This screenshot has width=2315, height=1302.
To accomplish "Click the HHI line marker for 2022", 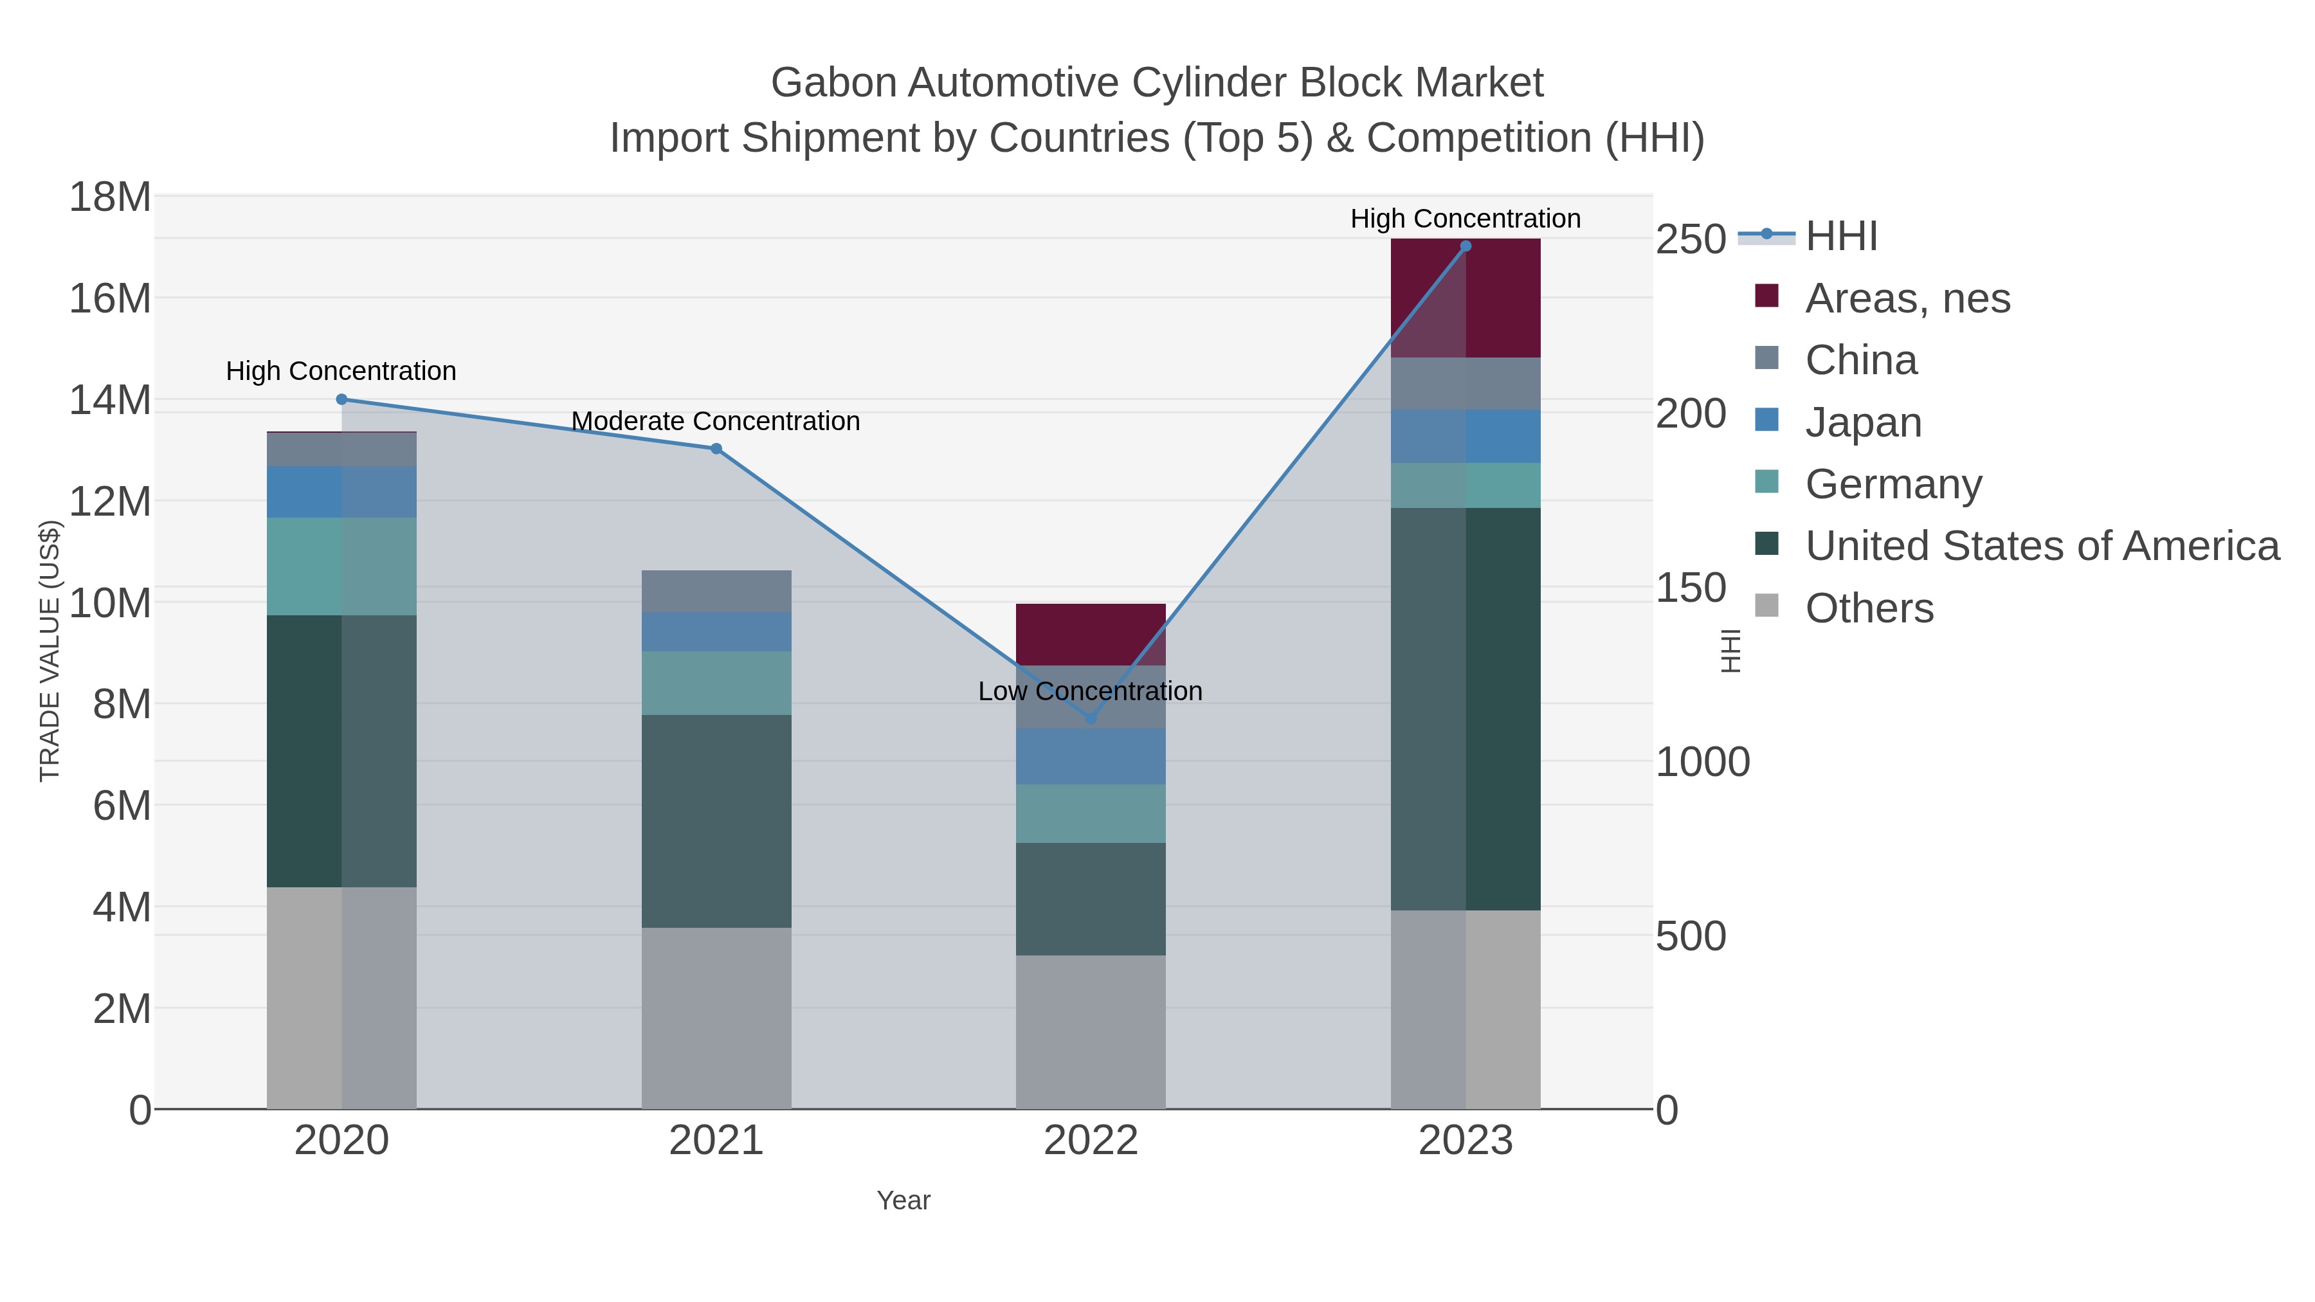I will pyautogui.click(x=1091, y=718).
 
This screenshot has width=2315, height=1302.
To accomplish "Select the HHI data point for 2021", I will pyautogui.click(x=716, y=448).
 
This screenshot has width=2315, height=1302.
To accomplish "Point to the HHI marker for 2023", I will pyautogui.click(x=1466, y=246).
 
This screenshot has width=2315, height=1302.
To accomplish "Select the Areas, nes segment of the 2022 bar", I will pyautogui.click(x=1091, y=635).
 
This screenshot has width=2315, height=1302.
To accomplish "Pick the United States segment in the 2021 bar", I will pyautogui.click(x=716, y=821).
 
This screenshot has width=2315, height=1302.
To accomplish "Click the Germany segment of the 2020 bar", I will pyautogui.click(x=341, y=566).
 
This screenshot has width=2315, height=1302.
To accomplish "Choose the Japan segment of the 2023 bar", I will pyautogui.click(x=1466, y=437).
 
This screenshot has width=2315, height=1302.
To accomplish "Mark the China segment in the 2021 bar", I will pyautogui.click(x=716, y=592).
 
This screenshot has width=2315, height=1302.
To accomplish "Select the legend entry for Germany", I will pyautogui.click(x=1893, y=484).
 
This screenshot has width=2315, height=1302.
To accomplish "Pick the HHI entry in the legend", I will pyautogui.click(x=1840, y=237).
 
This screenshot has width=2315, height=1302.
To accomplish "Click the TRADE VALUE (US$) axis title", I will pyautogui.click(x=50, y=651).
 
